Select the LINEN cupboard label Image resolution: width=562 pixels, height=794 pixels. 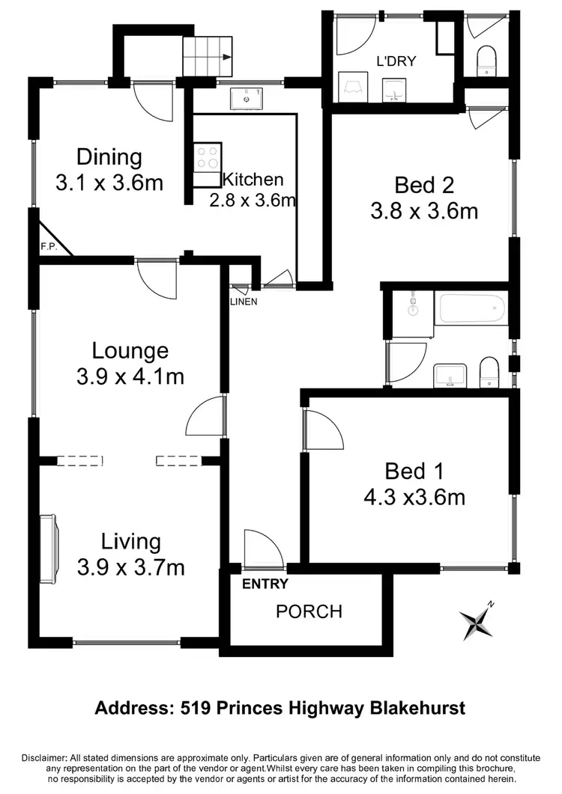[244, 302]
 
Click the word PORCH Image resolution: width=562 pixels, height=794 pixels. [309, 611]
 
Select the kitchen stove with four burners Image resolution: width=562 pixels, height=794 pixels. [208, 158]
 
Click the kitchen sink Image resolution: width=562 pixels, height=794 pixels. [245, 98]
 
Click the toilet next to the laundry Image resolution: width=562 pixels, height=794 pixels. [487, 59]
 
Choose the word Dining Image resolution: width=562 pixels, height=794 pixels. [109, 157]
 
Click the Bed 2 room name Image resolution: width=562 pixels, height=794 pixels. [424, 185]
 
